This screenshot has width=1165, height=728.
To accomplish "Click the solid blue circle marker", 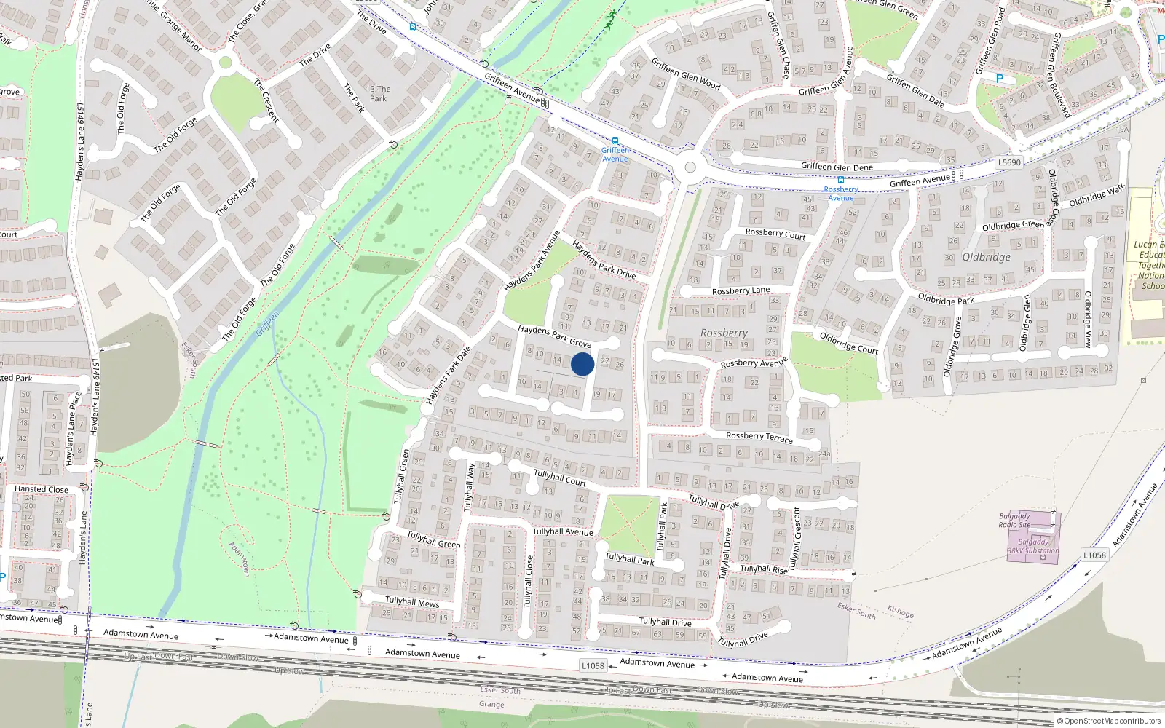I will [x=582, y=364].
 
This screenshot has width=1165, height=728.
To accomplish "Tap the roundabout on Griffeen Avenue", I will [x=690, y=168].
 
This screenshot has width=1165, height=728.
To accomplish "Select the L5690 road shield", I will [x=1009, y=162].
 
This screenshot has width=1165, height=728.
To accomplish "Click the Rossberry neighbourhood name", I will [x=724, y=333].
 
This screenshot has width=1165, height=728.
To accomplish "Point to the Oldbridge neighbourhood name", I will [x=986, y=257].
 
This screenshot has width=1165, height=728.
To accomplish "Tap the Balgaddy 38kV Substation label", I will [x=1033, y=546].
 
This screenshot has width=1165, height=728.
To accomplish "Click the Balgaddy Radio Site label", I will [x=1014, y=520].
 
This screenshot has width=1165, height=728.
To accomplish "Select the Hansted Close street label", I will [x=42, y=489].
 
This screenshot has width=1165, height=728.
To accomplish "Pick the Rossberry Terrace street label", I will [x=759, y=437].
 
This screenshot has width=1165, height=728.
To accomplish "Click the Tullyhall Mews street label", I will [x=412, y=601].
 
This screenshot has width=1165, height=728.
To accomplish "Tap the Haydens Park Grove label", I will [x=554, y=336].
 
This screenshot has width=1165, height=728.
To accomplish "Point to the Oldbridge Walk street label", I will [x=1097, y=195].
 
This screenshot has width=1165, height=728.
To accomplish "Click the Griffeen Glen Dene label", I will [x=837, y=167].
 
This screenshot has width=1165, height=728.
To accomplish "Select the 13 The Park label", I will [x=378, y=93].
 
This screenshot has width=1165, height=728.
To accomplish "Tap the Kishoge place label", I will [x=900, y=612].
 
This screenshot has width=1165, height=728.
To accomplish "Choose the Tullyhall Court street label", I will [x=560, y=478].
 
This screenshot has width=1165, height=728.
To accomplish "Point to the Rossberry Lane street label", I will [x=740, y=290].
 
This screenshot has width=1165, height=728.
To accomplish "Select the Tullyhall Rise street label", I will [x=764, y=569].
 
